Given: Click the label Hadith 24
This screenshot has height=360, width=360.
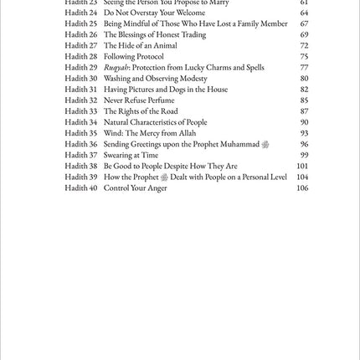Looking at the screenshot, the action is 81,13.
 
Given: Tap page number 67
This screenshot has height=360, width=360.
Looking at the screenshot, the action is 305,24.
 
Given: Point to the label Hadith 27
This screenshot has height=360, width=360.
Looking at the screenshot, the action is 81,46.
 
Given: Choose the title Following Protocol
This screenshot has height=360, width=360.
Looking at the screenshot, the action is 134,57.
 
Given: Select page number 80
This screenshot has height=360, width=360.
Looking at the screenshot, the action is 305,79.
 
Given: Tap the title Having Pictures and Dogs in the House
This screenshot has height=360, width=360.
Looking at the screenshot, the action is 166,90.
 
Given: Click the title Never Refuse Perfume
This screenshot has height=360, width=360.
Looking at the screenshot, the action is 139,100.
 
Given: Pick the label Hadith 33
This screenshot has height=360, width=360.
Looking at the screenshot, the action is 81,111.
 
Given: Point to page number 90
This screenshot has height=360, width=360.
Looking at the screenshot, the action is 305,122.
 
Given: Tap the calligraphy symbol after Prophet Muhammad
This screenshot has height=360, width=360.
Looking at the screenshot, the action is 265,144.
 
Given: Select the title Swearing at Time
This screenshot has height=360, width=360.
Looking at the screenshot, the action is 131,155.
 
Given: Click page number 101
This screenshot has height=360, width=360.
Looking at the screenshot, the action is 302,166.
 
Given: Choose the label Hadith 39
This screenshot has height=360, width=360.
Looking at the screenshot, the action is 81,177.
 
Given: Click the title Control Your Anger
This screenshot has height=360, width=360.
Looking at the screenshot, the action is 136,188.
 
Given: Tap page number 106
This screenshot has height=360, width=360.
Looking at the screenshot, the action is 302,188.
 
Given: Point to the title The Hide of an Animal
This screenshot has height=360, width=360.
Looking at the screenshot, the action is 140,46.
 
